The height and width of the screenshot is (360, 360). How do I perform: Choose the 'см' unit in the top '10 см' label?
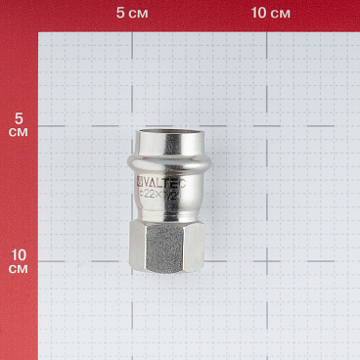(x=280, y=14)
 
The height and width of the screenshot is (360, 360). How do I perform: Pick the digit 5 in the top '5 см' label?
(x=120, y=14)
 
